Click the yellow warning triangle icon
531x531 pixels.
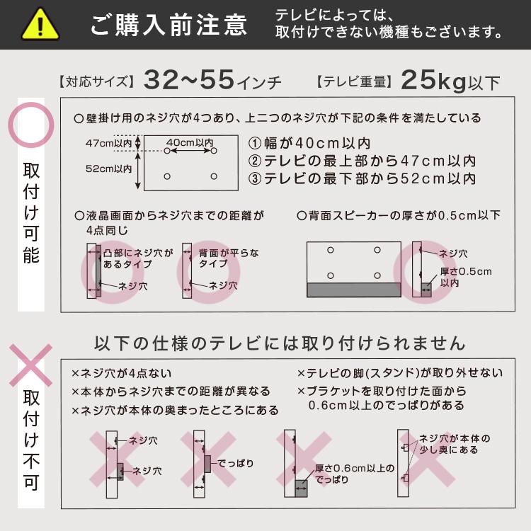40,25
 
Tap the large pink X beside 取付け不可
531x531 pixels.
30,365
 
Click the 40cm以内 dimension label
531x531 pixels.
190,142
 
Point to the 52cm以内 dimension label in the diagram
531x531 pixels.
108,169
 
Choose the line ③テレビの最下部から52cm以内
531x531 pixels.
361,178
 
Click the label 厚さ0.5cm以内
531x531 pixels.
465,277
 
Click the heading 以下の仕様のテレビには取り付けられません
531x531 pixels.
280,343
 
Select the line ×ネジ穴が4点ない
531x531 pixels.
121,373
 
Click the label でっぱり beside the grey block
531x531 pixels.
234,464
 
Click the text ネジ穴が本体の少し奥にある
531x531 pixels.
454,444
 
